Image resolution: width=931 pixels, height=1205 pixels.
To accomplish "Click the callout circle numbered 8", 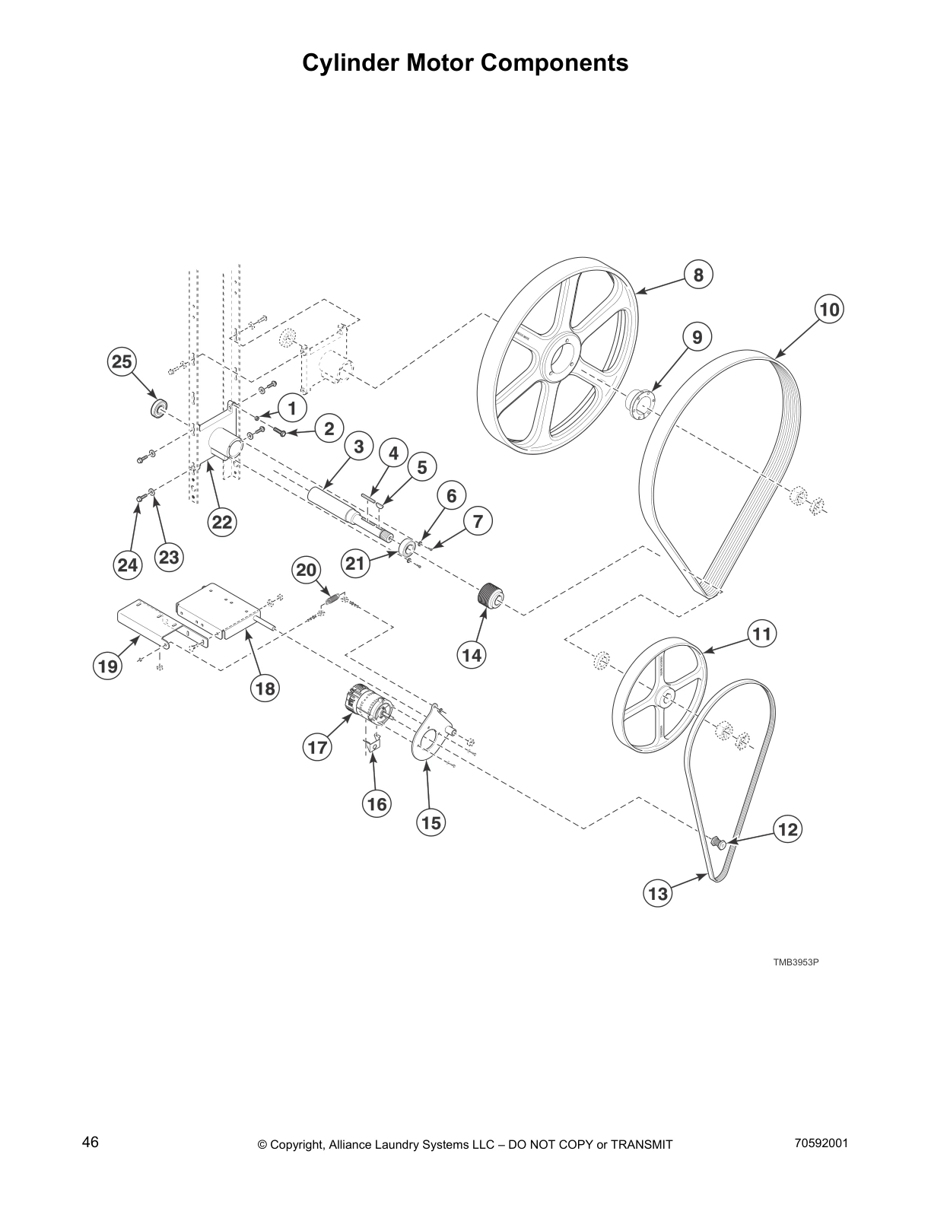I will click(x=698, y=275).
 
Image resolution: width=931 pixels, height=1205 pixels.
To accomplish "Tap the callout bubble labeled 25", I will click(x=122, y=363).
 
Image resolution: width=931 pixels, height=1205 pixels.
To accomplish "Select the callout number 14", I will click(x=472, y=654).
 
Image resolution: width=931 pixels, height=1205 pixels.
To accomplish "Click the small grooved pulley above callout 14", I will click(x=488, y=594).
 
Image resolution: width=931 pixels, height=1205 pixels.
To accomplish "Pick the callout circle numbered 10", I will click(x=829, y=310).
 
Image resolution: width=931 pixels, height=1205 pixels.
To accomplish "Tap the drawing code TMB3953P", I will click(x=796, y=962).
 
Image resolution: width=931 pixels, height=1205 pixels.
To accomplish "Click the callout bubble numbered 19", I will click(x=107, y=666).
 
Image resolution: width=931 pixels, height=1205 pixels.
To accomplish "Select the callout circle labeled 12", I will click(x=788, y=829).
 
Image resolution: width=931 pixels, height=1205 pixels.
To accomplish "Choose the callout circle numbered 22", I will click(x=221, y=523).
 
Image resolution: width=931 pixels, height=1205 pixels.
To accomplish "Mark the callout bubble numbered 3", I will click(x=358, y=447).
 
